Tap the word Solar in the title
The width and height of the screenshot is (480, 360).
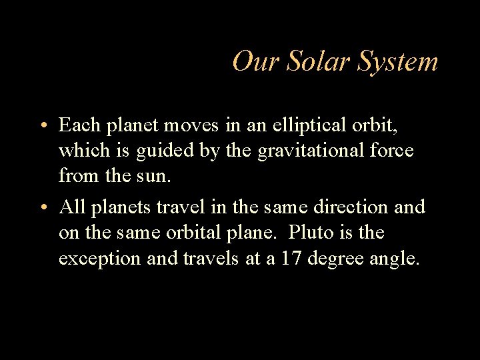point(311,62)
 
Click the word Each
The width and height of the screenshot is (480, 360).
point(78,125)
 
